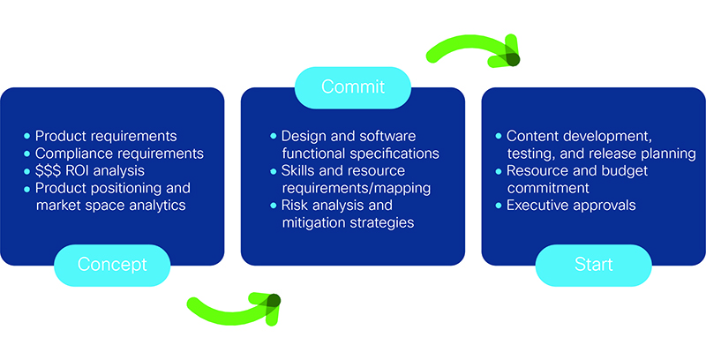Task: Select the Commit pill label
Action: [352, 86]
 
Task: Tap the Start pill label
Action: [592, 265]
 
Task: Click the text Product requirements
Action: [106, 136]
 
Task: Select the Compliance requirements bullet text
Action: [119, 154]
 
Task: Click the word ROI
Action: [84, 170]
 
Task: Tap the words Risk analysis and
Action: [336, 206]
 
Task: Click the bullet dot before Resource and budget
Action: [499, 171]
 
